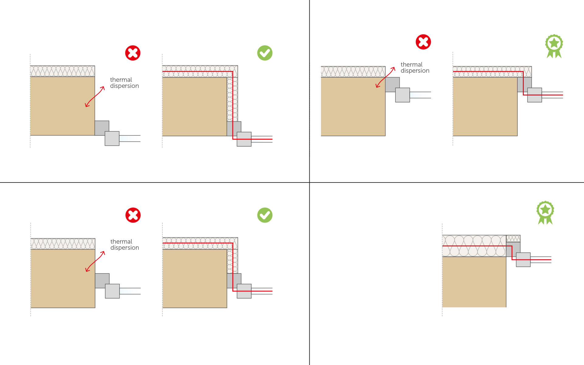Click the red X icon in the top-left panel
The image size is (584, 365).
pyautogui.click(x=133, y=53)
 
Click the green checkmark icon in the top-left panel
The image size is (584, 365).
pyautogui.click(x=265, y=53)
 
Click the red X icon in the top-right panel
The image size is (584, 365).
pyautogui.click(x=423, y=42)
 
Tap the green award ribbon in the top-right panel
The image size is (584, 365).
pyautogui.click(x=554, y=46)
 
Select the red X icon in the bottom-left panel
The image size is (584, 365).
pyautogui.click(x=133, y=215)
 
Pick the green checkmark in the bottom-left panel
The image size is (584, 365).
pyautogui.click(x=265, y=215)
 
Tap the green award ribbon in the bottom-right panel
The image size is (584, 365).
pyautogui.click(x=545, y=212)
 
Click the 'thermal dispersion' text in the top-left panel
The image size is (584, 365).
pyautogui.click(x=124, y=83)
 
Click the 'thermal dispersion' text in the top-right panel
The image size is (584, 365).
pyautogui.click(x=415, y=68)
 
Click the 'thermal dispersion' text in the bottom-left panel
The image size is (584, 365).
pyautogui.click(x=124, y=245)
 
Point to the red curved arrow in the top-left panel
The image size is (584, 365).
pyautogui.click(x=95, y=97)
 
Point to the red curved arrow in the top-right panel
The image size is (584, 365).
pyautogui.click(x=385, y=78)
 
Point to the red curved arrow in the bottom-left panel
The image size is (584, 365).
pyautogui.click(x=95, y=261)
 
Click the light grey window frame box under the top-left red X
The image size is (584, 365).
pyautogui.click(x=112, y=139)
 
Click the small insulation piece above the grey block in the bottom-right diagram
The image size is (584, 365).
pyautogui.click(x=513, y=238)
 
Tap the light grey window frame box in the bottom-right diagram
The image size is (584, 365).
pyautogui.click(x=523, y=260)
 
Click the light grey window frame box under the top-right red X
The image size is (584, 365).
pyautogui.click(x=402, y=95)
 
